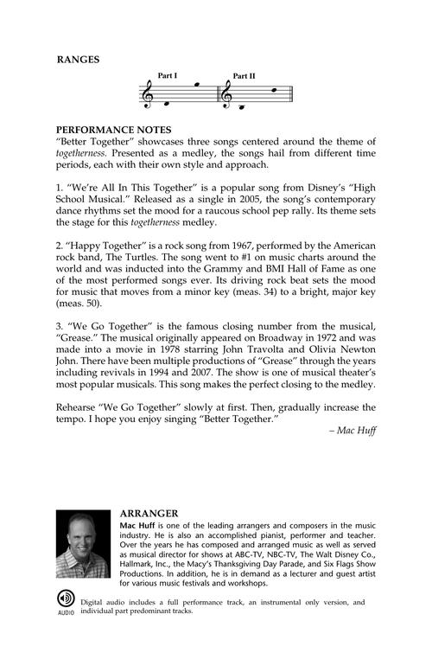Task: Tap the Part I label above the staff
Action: tap(168, 76)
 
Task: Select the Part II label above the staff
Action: tap(245, 76)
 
